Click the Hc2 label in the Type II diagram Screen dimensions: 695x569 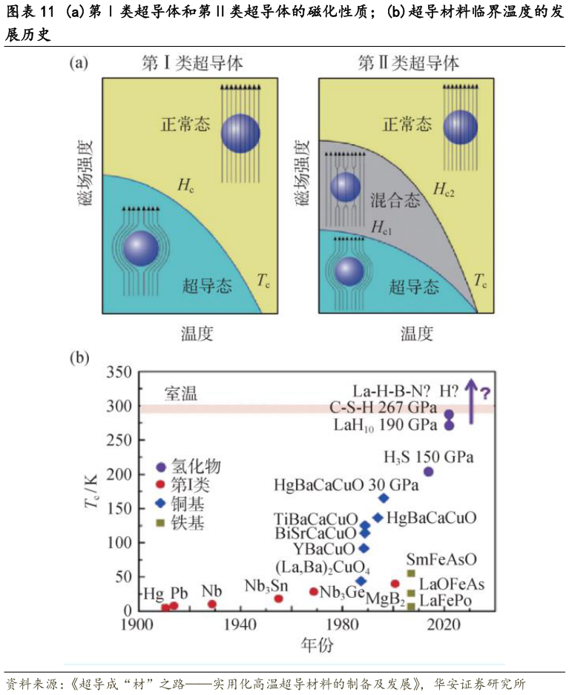point(444,191)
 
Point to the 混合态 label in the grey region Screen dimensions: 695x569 point(395,200)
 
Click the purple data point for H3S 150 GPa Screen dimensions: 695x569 point(428,472)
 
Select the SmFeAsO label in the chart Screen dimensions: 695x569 point(441,560)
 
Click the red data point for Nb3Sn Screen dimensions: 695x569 point(278,599)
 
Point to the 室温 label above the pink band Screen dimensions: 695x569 point(180,394)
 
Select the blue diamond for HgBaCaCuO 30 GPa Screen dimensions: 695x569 point(384,498)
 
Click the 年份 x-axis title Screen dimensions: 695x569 point(317,645)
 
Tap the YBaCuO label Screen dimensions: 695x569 point(324,550)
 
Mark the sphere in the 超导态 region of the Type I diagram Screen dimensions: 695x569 point(141,248)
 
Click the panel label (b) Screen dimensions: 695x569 point(79,358)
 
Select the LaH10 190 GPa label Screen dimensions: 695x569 point(385,426)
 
